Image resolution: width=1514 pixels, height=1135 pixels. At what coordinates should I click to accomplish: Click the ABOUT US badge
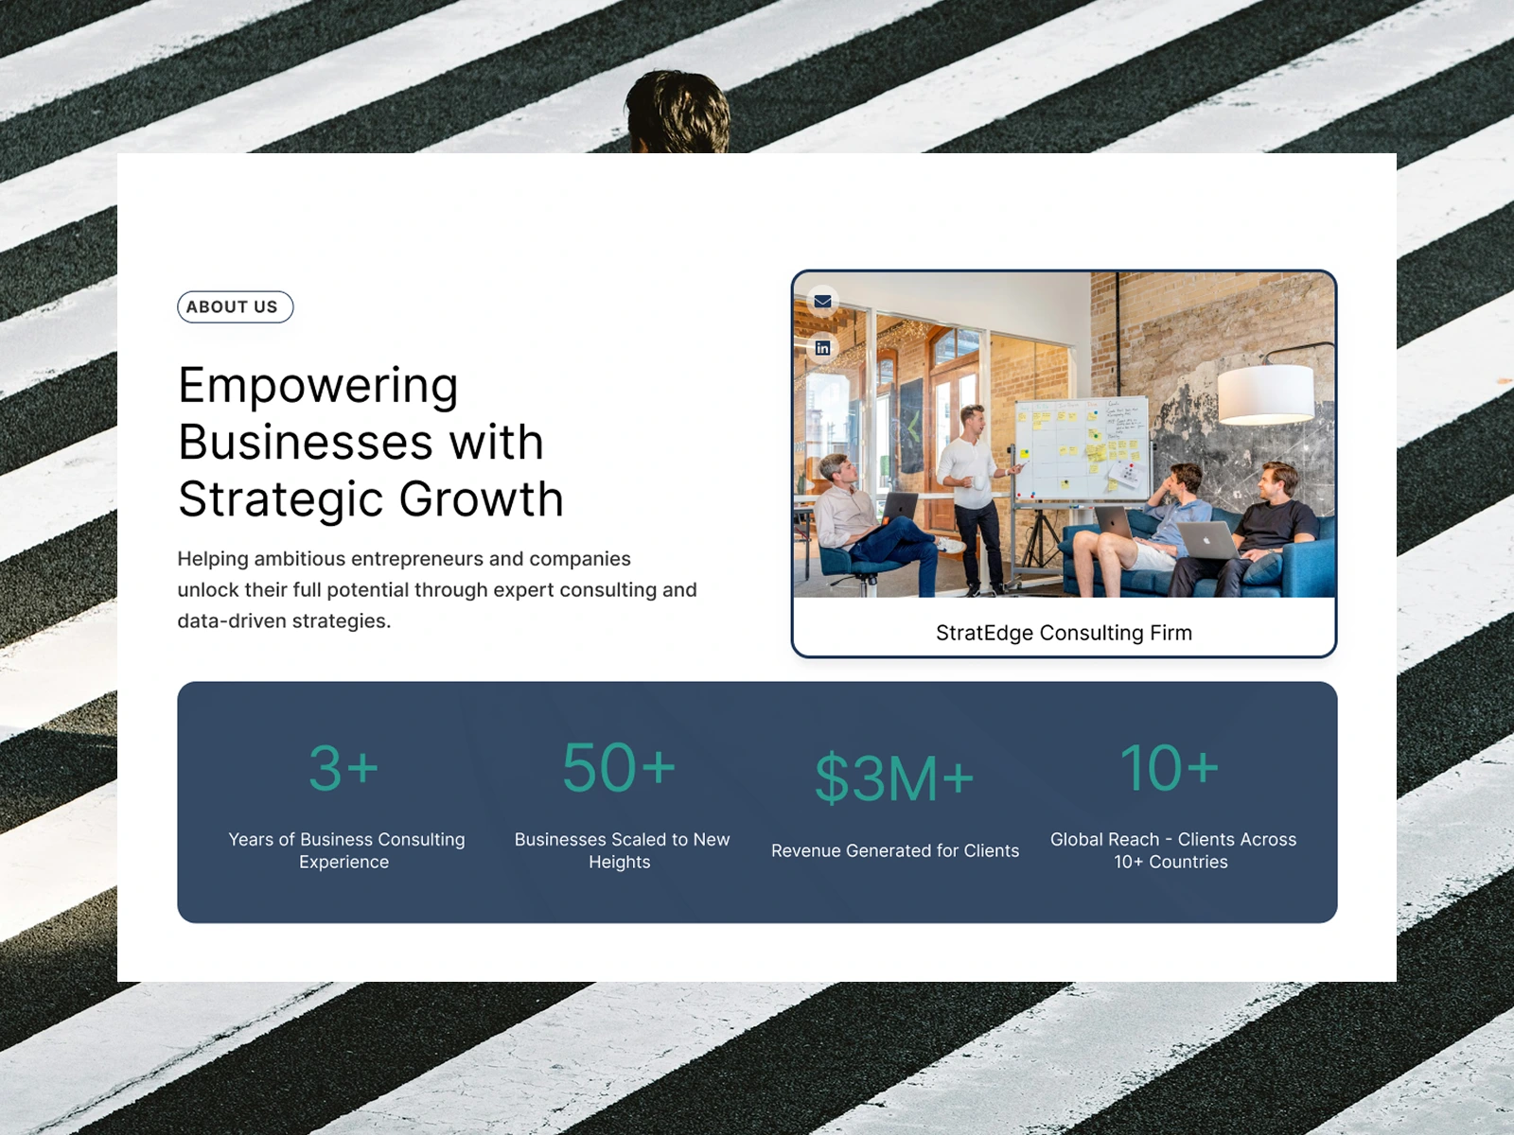236,306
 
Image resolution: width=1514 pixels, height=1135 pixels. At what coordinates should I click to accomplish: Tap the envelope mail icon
822,301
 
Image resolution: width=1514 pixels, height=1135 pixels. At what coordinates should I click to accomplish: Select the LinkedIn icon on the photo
822,347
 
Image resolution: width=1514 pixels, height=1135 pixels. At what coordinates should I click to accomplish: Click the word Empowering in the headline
318,387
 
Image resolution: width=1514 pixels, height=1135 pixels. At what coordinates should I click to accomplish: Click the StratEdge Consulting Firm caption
1064,632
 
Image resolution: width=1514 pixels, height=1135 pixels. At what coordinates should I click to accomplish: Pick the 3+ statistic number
343,768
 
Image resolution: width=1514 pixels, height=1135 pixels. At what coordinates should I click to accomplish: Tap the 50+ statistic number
619,767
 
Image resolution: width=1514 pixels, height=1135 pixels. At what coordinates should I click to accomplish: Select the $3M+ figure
894,778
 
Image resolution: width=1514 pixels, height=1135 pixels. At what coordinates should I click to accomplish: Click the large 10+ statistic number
1170,767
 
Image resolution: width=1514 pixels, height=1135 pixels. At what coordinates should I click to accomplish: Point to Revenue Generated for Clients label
894,850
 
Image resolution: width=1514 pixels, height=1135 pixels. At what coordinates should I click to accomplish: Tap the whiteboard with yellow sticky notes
1082,448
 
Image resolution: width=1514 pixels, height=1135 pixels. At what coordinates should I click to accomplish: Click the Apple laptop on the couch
1208,540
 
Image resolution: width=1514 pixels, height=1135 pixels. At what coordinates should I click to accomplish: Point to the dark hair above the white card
678,112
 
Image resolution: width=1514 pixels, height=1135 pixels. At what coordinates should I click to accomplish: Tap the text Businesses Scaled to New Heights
622,850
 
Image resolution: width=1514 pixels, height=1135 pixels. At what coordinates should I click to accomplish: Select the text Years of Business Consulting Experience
346,850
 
